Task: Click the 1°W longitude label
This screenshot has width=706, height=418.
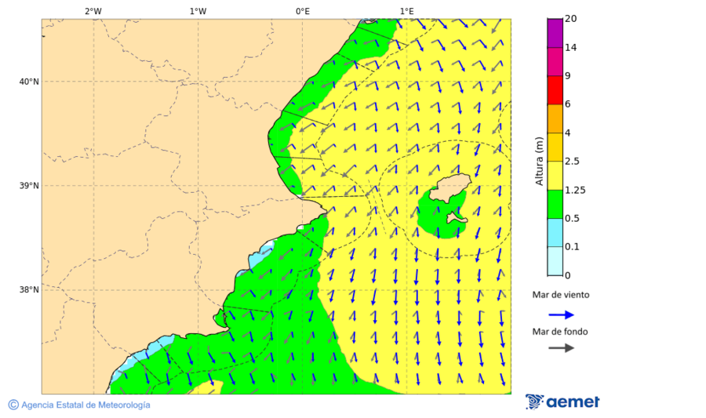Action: coord(198,11)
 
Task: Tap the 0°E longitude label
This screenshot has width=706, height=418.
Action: coord(302,11)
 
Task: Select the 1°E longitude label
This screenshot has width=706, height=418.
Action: coord(406,11)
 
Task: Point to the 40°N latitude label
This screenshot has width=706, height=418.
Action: coord(28,82)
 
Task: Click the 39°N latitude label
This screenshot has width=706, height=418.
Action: coord(28,186)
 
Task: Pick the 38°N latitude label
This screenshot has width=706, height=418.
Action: coord(28,290)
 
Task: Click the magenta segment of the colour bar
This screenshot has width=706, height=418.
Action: coord(555,32)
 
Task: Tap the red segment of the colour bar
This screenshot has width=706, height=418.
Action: coord(555,89)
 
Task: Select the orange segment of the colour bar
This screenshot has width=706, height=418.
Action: coord(555,118)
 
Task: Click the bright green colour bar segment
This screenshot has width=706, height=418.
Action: coord(555,204)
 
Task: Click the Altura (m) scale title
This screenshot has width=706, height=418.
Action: coord(539,161)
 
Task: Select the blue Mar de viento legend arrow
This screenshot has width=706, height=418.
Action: coord(561,314)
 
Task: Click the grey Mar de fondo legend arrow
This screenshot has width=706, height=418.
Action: coord(561,348)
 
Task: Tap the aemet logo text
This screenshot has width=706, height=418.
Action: coord(573,402)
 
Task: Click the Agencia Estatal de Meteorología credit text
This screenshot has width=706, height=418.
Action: coord(85,405)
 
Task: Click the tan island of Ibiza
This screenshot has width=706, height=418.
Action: coord(449,188)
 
